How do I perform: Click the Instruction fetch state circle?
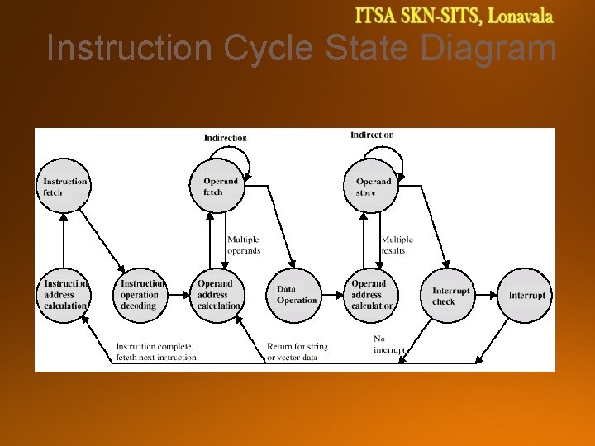64,187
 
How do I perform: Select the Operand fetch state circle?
220,187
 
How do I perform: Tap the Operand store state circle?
371,187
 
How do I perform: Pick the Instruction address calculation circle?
64,295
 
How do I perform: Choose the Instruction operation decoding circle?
140,295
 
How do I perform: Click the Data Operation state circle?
293,295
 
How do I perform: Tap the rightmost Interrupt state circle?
525,295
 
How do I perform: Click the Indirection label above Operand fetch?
226,138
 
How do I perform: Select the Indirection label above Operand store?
372,135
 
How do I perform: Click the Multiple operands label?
244,245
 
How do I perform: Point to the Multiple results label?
397,245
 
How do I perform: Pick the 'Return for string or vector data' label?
297,352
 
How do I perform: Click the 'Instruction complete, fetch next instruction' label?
156,352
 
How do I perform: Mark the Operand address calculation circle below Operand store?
371,295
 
